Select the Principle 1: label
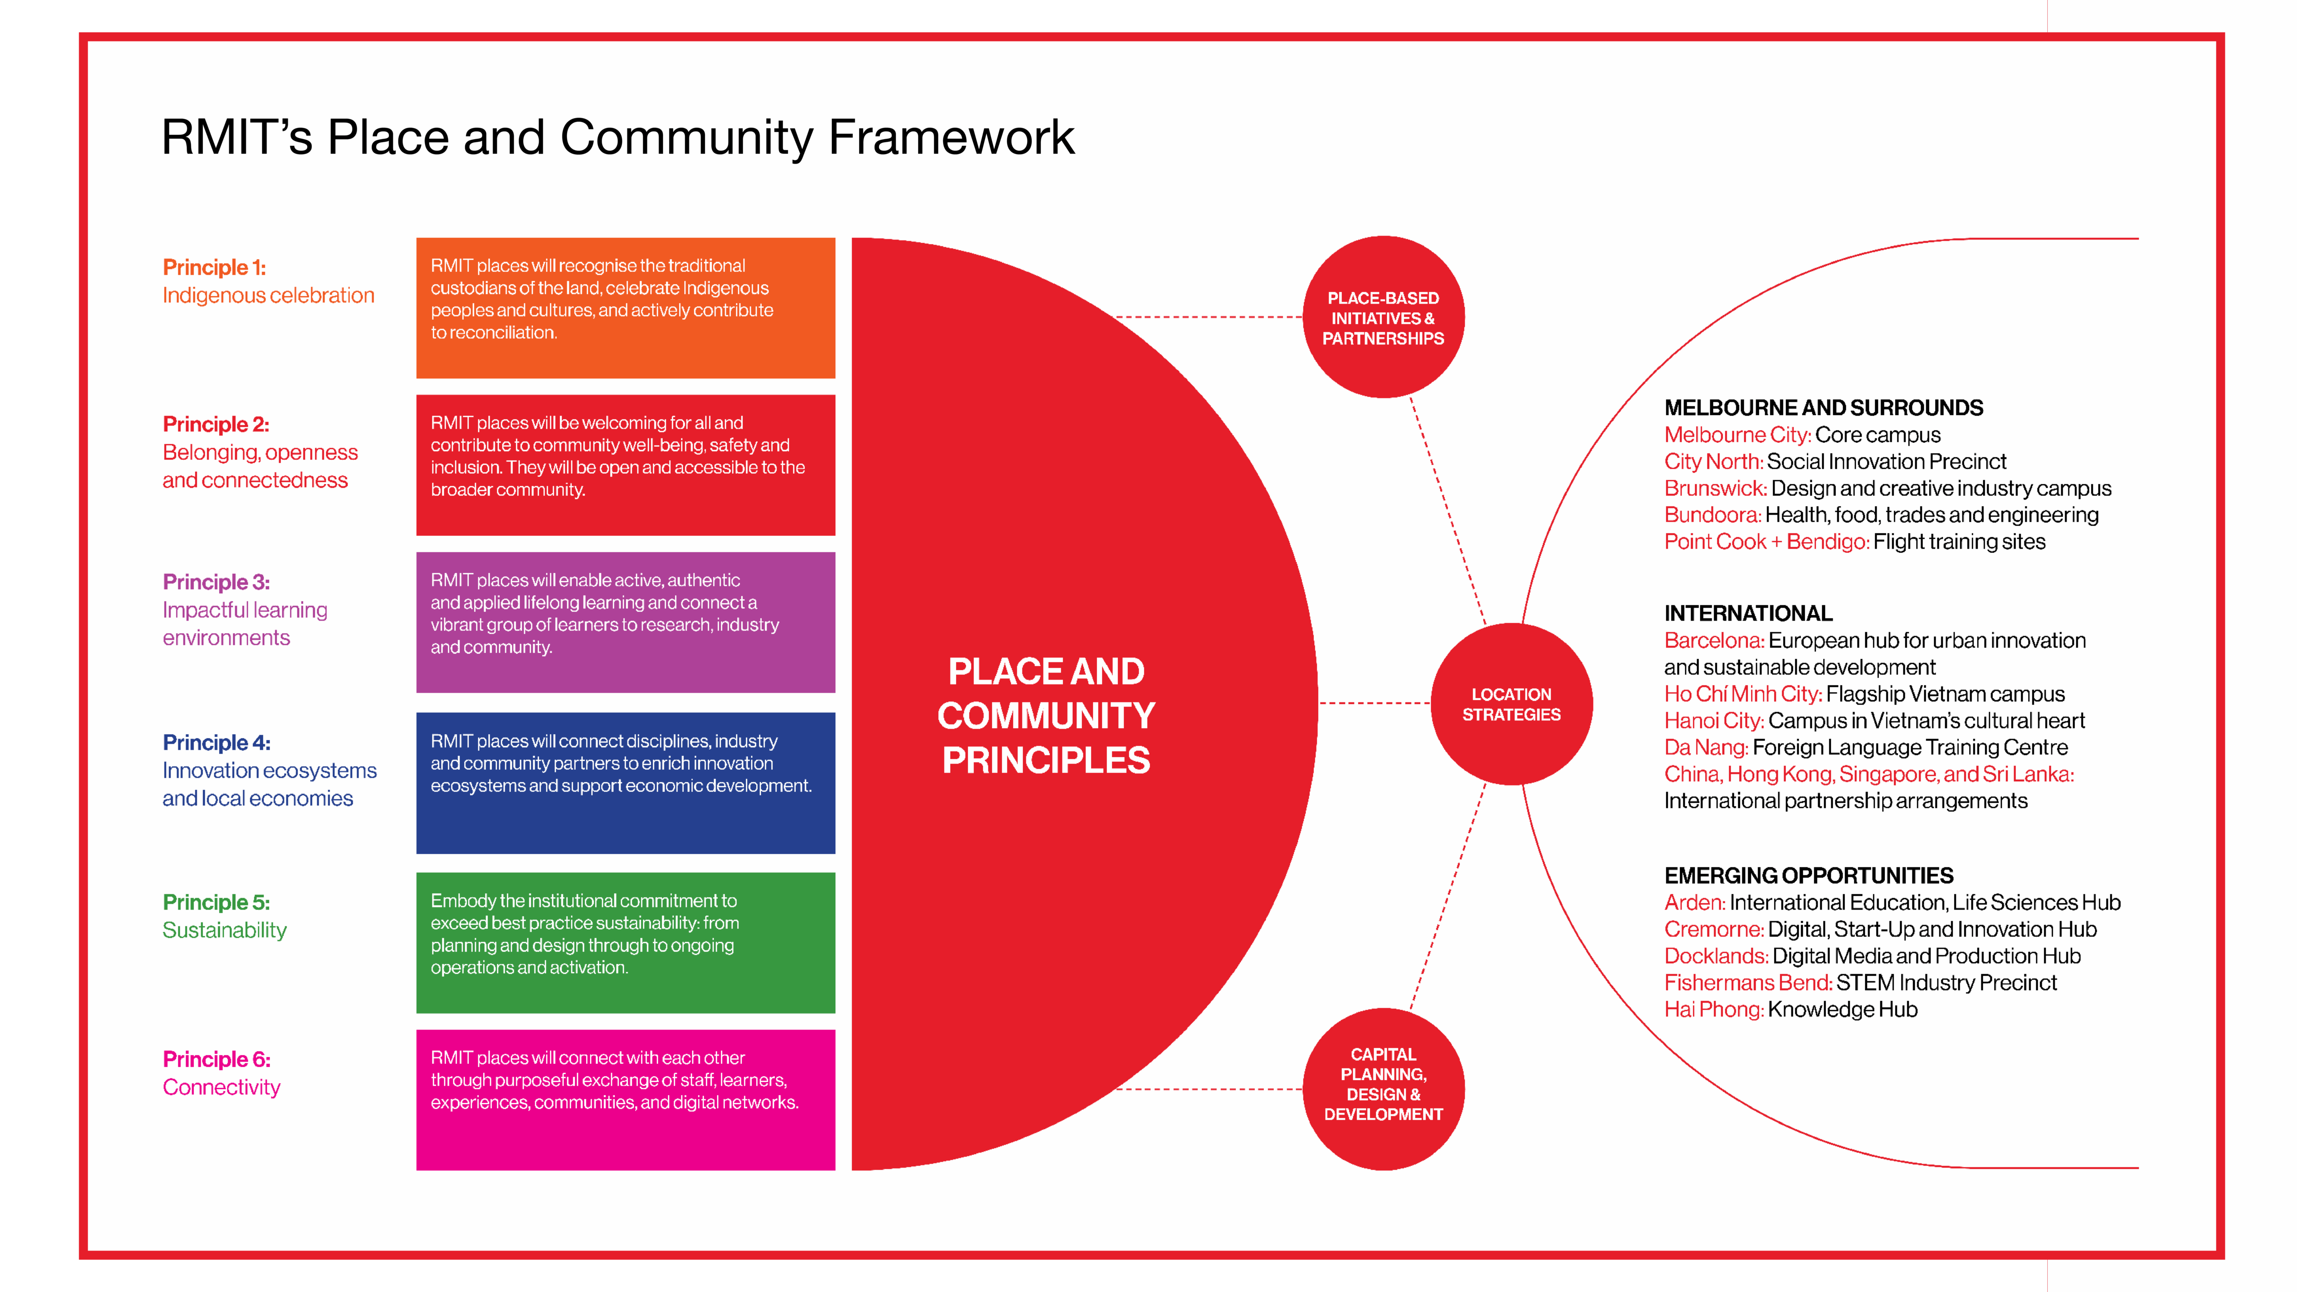point(214,267)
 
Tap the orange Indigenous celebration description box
point(625,307)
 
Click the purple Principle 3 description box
point(625,622)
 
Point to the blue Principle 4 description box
point(625,783)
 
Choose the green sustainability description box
point(625,942)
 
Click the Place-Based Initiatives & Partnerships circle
point(1383,317)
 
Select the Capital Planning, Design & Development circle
point(1383,1089)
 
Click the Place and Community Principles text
point(1046,715)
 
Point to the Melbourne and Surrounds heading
point(1823,407)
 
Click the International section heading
point(1748,613)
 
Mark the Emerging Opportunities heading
point(1808,876)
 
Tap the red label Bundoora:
point(1712,515)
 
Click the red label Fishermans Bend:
point(1748,983)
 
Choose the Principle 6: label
point(216,1059)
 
